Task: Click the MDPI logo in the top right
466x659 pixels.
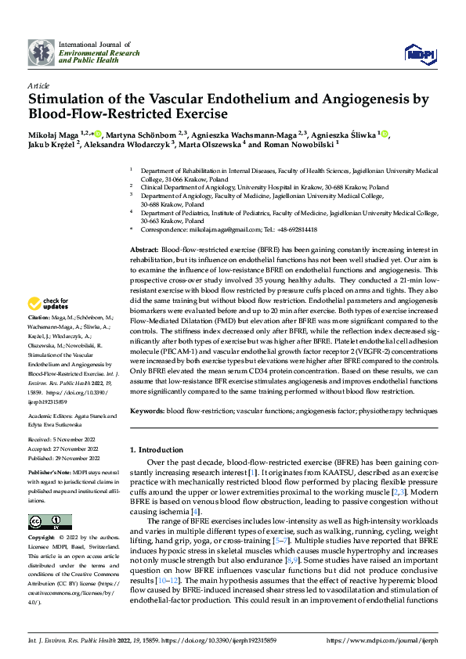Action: point(419,52)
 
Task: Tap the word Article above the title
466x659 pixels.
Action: point(38,85)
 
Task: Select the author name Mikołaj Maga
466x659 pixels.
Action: point(55,135)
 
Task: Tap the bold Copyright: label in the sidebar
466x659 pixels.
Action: point(42,538)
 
